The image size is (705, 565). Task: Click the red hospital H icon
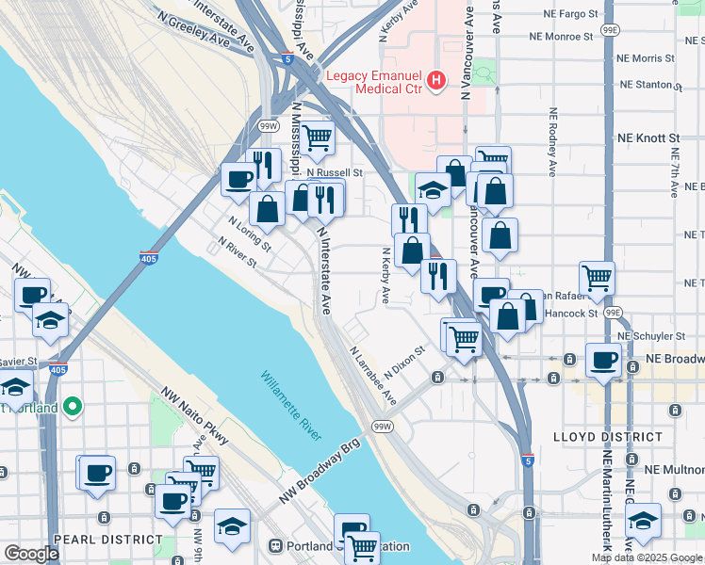coord(435,82)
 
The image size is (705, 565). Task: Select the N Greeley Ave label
coord(194,31)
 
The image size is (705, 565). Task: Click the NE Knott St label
coord(648,137)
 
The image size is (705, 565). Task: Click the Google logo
coord(31,554)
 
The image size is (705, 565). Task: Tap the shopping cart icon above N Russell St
coord(318,137)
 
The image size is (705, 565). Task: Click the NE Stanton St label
coord(649,85)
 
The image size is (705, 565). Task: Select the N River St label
coord(237,252)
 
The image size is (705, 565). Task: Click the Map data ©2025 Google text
coord(647,557)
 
